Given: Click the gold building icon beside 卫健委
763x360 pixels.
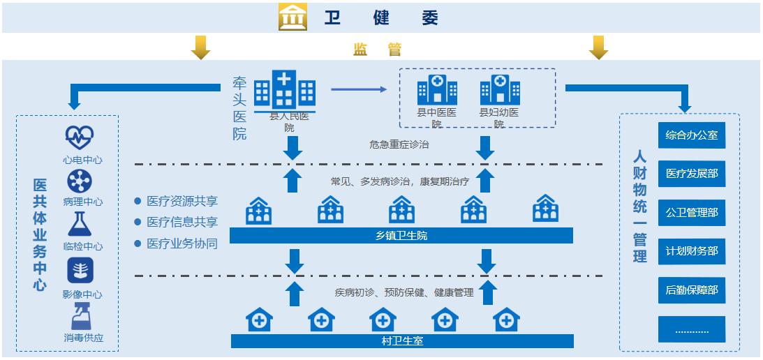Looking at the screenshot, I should point(293,17).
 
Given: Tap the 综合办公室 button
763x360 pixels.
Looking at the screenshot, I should point(691,135).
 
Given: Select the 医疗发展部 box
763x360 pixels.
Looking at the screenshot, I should point(691,173).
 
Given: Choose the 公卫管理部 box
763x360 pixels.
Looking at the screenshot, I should point(691,212).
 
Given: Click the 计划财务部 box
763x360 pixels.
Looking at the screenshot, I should point(691,251).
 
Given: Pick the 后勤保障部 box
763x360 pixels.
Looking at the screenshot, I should point(691,290).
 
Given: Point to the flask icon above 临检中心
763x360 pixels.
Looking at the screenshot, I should point(80,225).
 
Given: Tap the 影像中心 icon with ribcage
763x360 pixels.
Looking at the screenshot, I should point(80,271).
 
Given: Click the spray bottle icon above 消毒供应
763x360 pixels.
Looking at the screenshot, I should point(80,316).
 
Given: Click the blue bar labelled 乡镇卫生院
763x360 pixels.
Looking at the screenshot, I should point(401,236).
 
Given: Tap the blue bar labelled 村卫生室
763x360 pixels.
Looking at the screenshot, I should point(401,341).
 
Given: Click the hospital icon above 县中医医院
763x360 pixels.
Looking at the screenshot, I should point(437,91).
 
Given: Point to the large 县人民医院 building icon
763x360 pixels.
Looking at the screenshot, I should point(285,91).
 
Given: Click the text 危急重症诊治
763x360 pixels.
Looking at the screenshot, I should point(399,145).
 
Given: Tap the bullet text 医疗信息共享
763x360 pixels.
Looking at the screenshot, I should point(182,223).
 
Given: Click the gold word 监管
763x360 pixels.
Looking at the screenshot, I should point(377,50).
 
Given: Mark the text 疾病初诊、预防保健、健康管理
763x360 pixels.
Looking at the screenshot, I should point(404,292).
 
